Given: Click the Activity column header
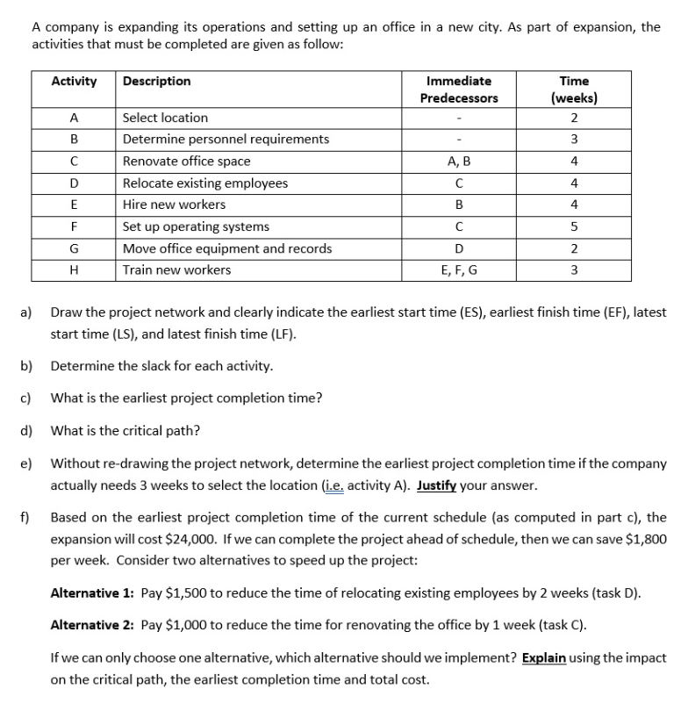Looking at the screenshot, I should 74,81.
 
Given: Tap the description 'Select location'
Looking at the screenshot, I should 165,118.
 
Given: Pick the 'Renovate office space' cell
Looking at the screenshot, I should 186,161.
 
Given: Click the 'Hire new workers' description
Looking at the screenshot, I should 174,205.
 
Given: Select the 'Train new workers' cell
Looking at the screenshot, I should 176,269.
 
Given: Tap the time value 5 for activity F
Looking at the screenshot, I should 573,226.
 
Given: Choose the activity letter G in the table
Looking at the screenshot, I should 74,248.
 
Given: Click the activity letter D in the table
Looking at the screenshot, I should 74,183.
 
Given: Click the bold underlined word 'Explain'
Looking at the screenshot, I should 543,657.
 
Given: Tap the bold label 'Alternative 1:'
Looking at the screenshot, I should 90,592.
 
